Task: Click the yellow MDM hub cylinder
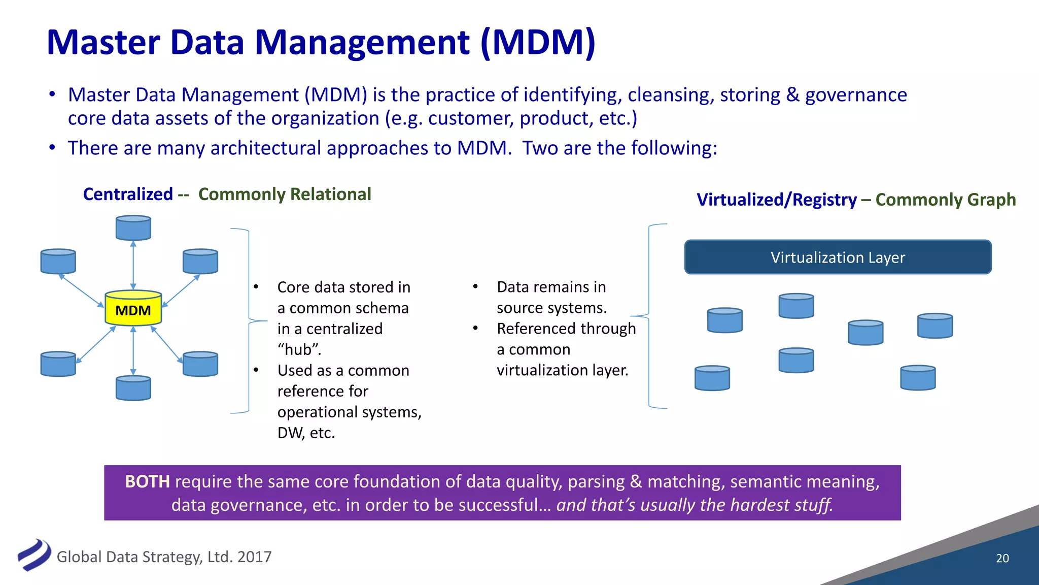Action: (x=133, y=308)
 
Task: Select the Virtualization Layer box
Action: (x=838, y=257)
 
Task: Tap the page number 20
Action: (x=1002, y=558)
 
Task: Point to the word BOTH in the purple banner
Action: (x=147, y=481)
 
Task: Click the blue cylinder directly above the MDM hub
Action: (x=133, y=227)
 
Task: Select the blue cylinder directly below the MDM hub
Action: (x=133, y=388)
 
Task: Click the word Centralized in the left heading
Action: (x=128, y=194)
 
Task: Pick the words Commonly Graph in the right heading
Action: (x=945, y=200)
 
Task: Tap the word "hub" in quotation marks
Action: (x=299, y=350)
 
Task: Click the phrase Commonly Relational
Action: (x=285, y=194)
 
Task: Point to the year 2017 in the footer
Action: (x=254, y=557)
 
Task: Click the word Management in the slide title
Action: (x=361, y=43)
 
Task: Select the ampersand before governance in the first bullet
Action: (x=792, y=95)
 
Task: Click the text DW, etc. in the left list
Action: (x=306, y=433)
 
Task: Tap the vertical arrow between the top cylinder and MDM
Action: (x=133, y=265)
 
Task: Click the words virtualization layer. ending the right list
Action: (x=562, y=370)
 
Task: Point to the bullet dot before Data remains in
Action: (x=475, y=286)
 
